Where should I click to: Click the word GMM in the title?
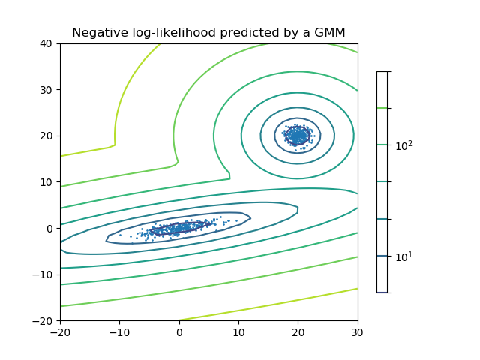[x=331, y=32]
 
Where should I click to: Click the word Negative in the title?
[x=97, y=32]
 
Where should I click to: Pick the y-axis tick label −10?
[x=44, y=274]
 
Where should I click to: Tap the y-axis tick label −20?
[x=44, y=321]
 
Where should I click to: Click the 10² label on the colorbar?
[x=405, y=145]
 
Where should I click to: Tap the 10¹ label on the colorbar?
[x=405, y=256]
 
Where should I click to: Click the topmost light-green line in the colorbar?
[x=382, y=108]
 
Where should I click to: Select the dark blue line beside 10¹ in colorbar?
[x=382, y=256]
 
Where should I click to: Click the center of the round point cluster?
[x=298, y=135]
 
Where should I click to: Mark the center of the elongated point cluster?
[x=178, y=226]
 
